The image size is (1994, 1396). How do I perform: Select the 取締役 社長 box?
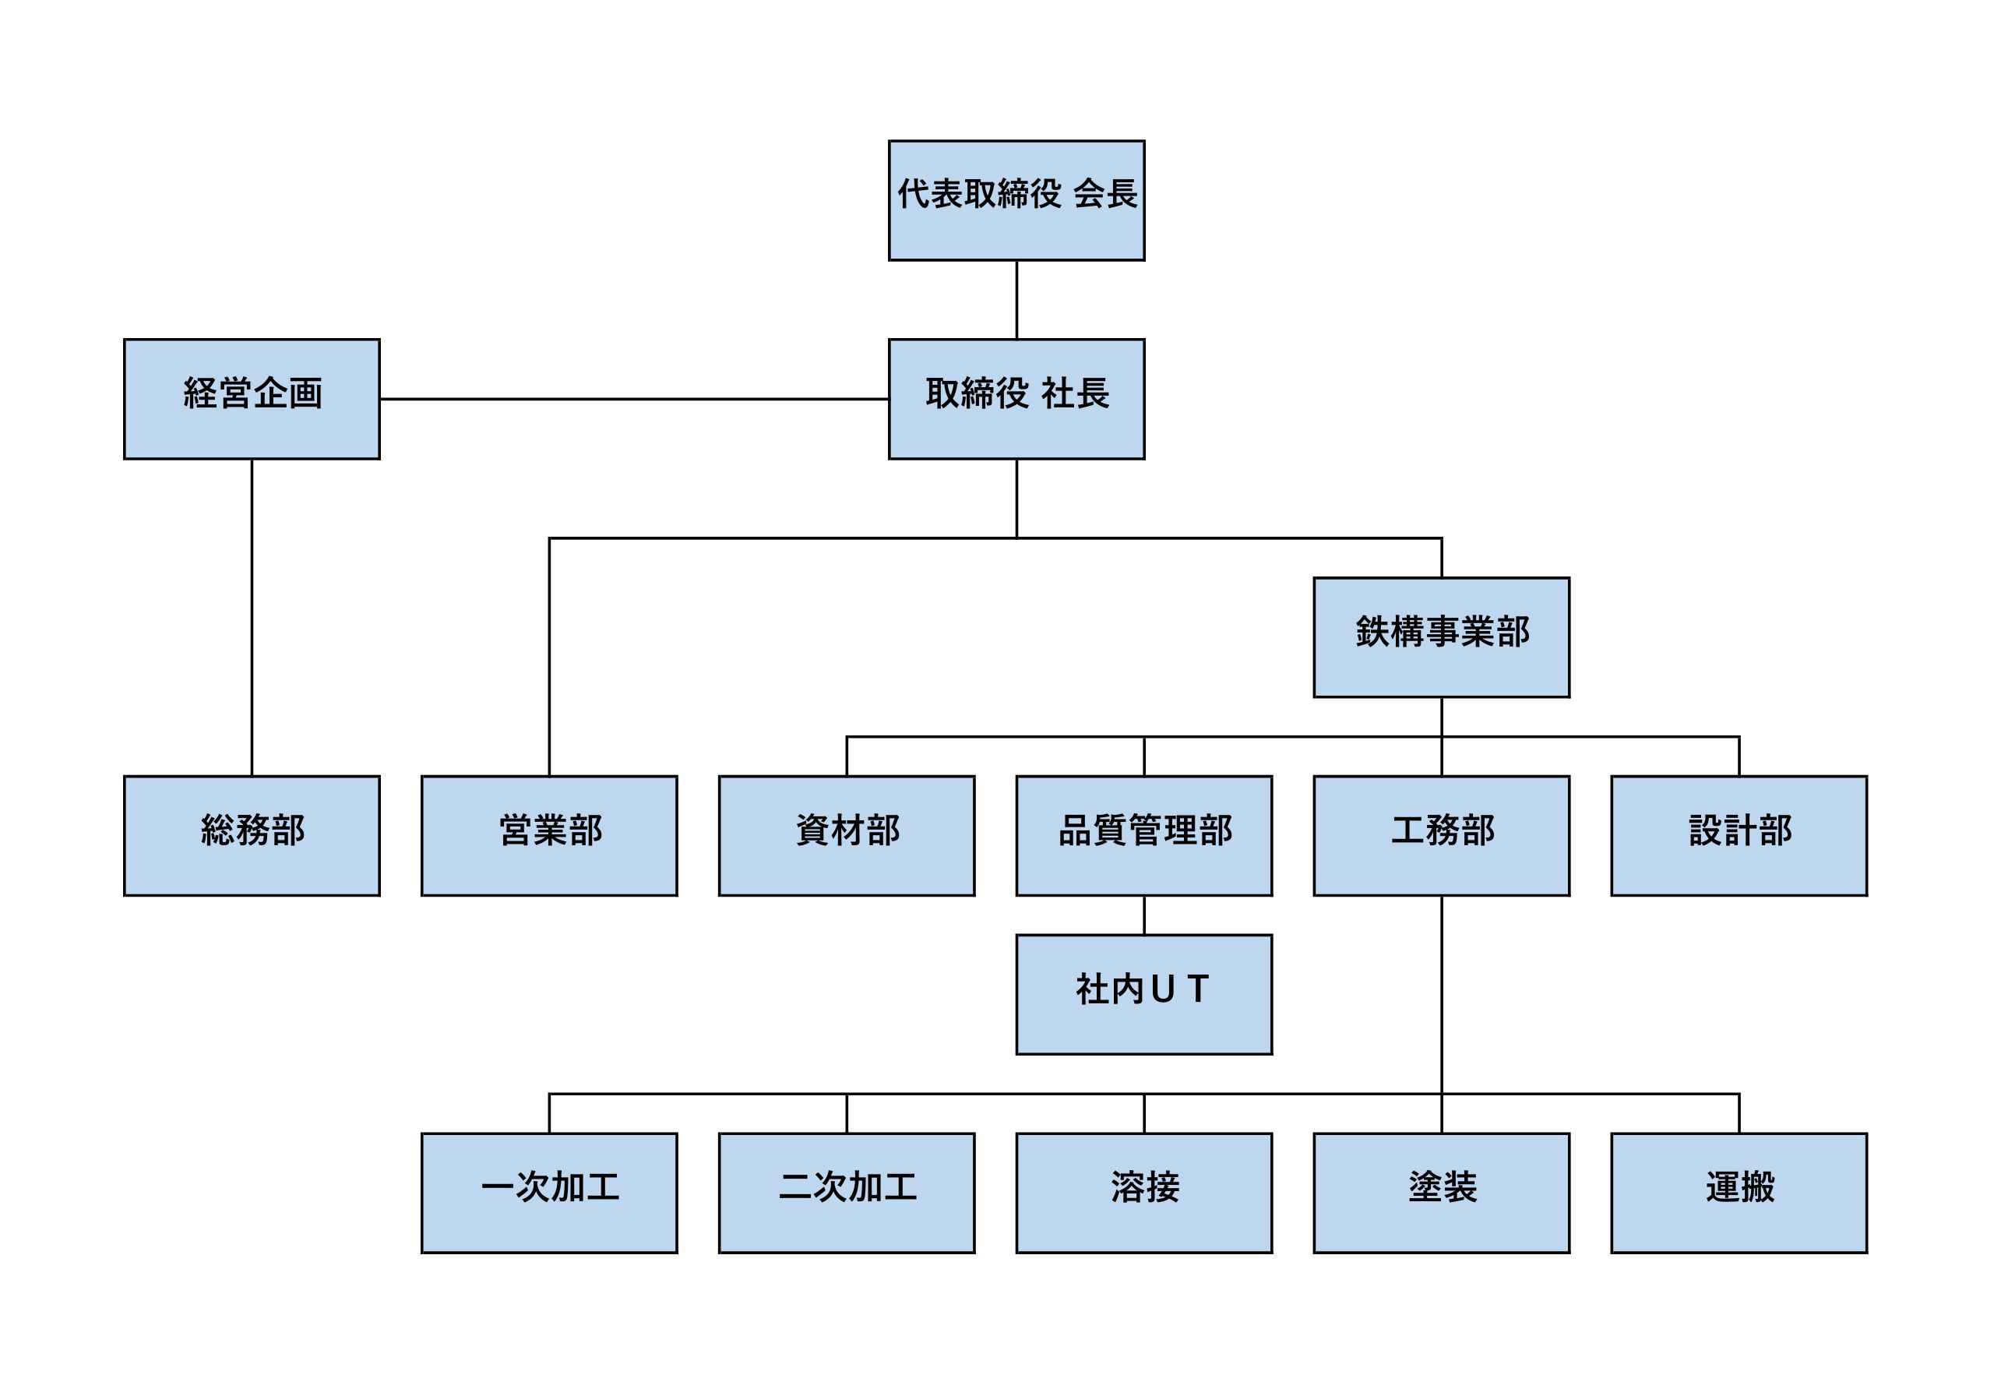[x=1016, y=399]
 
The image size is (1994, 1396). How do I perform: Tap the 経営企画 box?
[x=252, y=399]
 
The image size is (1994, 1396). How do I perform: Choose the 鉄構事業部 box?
[x=1441, y=636]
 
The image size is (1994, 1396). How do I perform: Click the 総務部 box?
[x=252, y=836]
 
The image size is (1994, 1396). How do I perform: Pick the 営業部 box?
[x=549, y=836]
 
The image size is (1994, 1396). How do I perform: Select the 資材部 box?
[x=847, y=836]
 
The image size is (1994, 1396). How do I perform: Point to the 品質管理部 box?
[x=1143, y=836]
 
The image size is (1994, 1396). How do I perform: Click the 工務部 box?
[x=1441, y=836]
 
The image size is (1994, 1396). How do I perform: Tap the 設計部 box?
[x=1739, y=836]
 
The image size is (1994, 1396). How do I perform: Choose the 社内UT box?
[x=1143, y=995]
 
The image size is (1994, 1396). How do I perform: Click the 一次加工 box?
[x=549, y=1193]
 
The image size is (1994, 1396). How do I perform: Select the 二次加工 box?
[x=847, y=1193]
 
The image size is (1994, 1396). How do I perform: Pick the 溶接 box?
[x=1143, y=1193]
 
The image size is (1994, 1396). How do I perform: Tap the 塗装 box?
[x=1441, y=1193]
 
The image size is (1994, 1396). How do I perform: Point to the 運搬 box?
[x=1739, y=1193]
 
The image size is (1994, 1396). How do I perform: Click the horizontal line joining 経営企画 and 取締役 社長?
[x=634, y=400]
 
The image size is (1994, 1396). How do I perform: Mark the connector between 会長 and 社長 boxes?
[x=1016, y=300]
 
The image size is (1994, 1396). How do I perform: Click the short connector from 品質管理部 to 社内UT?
[x=1143, y=915]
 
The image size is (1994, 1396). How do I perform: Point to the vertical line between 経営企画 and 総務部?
[x=252, y=617]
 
